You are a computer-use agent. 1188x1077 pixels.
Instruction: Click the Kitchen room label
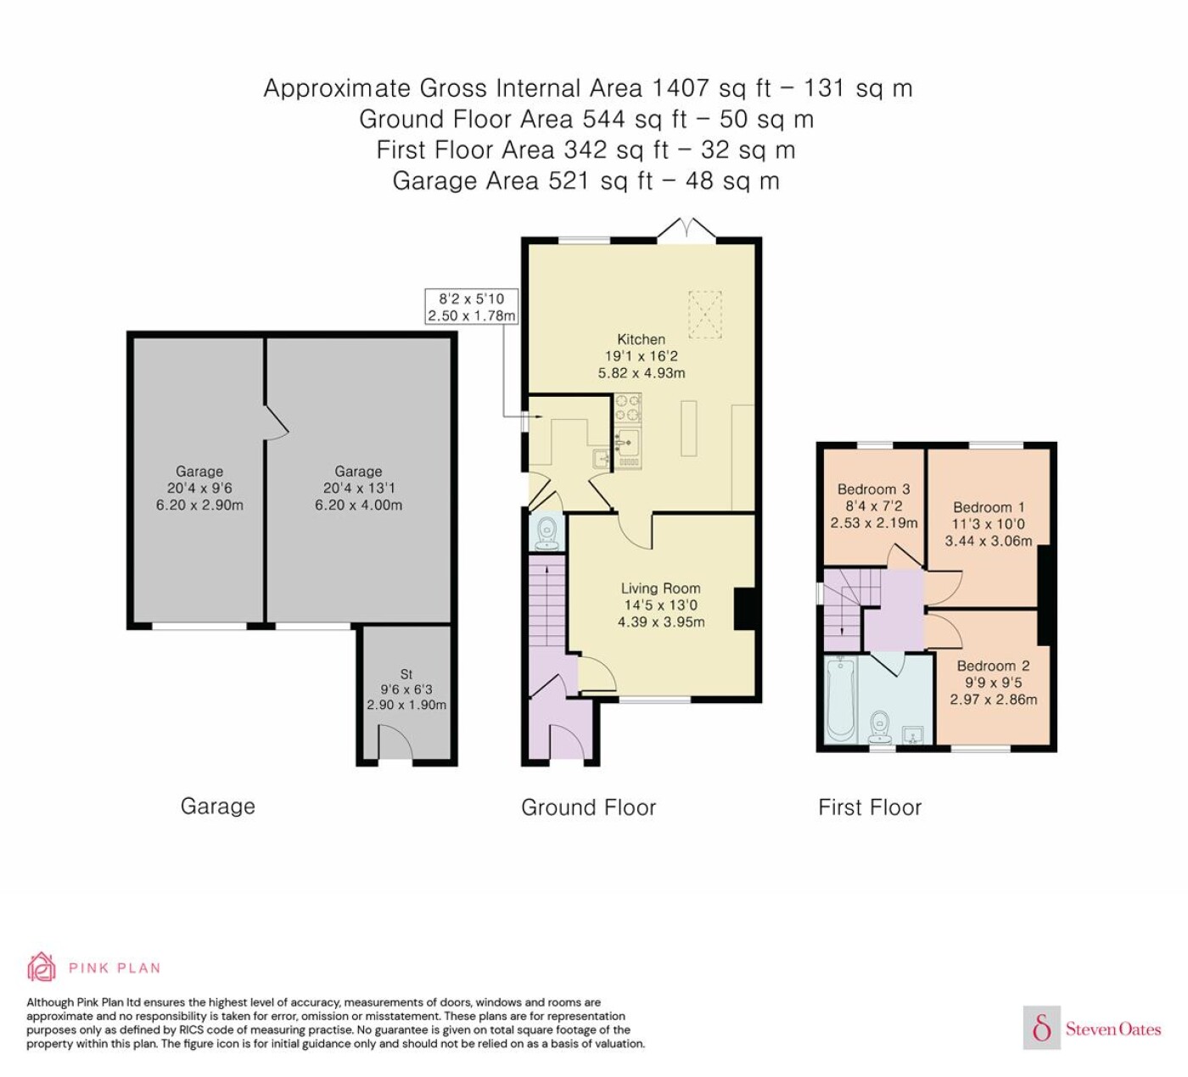[x=642, y=339]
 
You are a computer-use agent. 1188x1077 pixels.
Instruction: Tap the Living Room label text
[x=660, y=588]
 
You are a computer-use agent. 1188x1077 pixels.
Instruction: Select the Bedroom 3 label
[x=873, y=489]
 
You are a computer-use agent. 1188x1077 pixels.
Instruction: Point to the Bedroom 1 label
[x=989, y=507]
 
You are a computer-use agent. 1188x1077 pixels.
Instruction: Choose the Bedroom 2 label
[x=993, y=666]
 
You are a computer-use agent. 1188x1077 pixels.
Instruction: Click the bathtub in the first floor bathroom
[x=840, y=700]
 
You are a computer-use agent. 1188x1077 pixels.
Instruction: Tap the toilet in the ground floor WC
[x=546, y=532]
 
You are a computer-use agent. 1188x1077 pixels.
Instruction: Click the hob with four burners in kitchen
[x=628, y=408]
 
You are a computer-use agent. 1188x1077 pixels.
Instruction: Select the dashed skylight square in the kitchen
[x=705, y=315]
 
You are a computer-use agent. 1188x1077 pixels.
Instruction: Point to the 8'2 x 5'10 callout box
[x=472, y=307]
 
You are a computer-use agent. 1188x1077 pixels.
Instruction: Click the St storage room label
[x=406, y=674]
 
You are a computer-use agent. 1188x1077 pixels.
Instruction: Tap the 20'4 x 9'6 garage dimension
[x=199, y=488]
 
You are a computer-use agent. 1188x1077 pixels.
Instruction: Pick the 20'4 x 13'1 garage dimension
[x=358, y=488]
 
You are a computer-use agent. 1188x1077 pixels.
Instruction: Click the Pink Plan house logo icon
[x=42, y=967]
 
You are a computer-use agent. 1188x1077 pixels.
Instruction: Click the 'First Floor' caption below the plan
[x=870, y=807]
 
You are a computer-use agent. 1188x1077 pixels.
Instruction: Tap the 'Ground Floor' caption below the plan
[x=589, y=807]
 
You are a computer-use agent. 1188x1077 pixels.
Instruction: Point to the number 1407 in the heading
[x=679, y=88]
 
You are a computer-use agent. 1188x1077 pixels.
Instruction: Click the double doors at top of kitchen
[x=686, y=230]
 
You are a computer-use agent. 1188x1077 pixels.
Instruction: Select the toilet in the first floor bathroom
[x=880, y=727]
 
